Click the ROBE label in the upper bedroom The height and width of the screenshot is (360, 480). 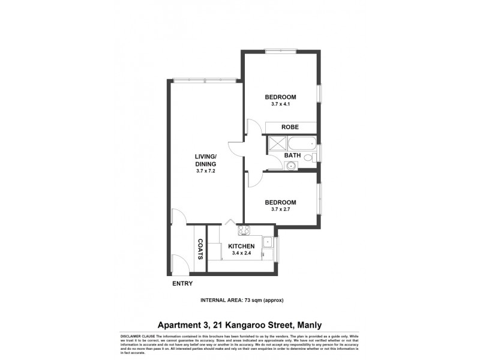tap(290, 127)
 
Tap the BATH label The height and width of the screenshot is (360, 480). tap(292, 155)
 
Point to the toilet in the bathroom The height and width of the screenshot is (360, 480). tap(308, 158)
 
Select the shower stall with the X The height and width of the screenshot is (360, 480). tap(276, 143)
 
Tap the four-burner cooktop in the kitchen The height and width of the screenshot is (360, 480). tap(244, 230)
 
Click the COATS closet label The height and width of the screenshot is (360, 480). tap(200, 249)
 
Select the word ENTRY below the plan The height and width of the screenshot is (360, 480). tap(182, 283)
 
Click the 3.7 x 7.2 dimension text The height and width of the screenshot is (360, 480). tap(205, 171)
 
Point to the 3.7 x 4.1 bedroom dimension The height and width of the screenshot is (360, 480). tap(281, 104)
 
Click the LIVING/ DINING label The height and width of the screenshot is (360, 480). tap(205, 160)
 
